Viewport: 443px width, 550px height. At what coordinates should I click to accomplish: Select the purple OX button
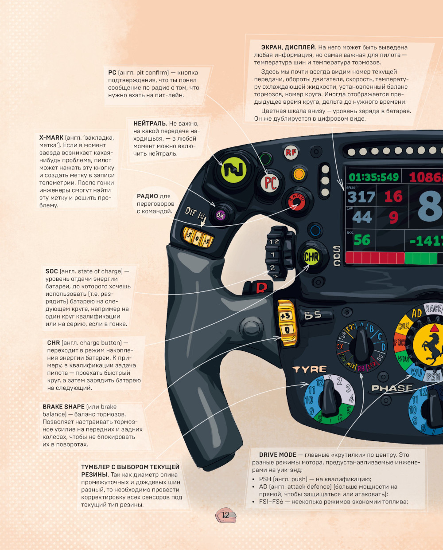tap(220, 215)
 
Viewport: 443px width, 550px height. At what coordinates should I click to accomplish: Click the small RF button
tap(291, 153)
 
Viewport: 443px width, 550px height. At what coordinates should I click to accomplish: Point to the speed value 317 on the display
tap(361, 197)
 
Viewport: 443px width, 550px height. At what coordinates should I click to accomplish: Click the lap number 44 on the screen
tap(362, 217)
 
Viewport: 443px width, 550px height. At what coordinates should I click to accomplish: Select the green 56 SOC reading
tap(362, 240)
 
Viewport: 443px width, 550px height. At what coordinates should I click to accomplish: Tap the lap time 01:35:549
tap(373, 177)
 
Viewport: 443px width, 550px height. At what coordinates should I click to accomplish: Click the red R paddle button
tap(261, 288)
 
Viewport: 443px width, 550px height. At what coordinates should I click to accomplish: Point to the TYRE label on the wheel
tap(310, 369)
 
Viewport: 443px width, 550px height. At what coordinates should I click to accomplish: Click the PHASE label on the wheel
tap(392, 388)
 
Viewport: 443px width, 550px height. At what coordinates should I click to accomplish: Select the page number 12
tap(225, 515)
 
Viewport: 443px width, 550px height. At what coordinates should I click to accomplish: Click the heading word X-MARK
tap(51, 137)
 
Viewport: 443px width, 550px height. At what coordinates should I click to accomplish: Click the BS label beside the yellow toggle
tap(314, 315)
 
